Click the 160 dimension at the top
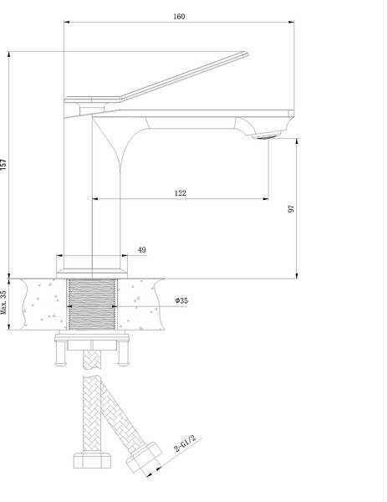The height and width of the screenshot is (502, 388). pos(180,13)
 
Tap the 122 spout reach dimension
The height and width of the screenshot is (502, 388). pos(180,192)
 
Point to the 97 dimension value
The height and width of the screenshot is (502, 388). pos(292,207)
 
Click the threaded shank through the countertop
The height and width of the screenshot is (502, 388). pos(92,305)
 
